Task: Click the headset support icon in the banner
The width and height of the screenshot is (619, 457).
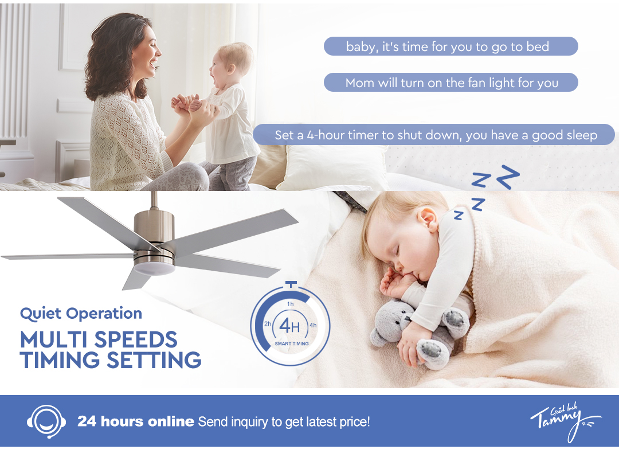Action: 46,421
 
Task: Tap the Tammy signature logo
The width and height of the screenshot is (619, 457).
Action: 565,421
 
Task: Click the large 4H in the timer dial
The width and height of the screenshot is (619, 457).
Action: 290,326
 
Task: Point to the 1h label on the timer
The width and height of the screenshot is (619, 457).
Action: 291,304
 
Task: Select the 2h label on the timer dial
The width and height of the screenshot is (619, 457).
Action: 268,324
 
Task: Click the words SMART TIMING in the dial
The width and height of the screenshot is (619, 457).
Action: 292,343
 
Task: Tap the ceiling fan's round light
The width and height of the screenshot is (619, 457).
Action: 154,268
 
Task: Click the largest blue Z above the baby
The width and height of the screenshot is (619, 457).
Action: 508,177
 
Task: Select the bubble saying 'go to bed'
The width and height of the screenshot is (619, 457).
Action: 451,46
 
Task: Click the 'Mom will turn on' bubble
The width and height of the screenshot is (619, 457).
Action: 451,83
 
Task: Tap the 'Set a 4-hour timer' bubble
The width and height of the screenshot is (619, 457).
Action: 434,135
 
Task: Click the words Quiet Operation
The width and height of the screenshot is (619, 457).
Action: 81,314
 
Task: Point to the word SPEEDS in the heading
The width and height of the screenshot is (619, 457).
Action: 136,339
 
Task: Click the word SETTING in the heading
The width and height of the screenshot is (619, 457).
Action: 154,360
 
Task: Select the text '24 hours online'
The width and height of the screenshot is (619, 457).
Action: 136,421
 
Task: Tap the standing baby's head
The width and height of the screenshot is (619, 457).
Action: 230,63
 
